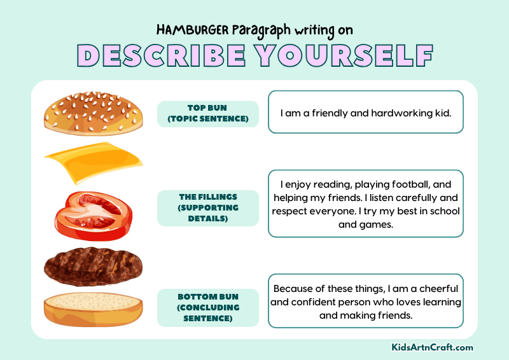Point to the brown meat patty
pos(92,265)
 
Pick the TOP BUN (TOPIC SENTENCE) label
pos(207,113)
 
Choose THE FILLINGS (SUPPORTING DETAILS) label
pos(207,208)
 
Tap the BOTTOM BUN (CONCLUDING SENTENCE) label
pos(207,307)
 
